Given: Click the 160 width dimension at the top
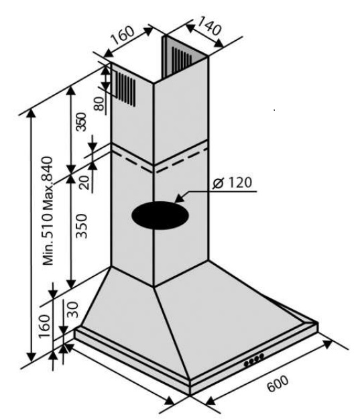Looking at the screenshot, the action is (x=123, y=35).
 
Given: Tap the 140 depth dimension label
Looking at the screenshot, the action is (x=210, y=25).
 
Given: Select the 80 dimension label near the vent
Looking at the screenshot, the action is (x=99, y=104).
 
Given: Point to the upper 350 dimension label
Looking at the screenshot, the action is (x=80, y=122).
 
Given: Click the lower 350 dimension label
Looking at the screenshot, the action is (x=82, y=226).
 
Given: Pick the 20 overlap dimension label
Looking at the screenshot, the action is (x=85, y=182).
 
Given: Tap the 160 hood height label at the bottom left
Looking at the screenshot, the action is (x=44, y=326).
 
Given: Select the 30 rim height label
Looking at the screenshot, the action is (x=72, y=310).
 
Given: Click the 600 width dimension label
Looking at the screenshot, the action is (x=278, y=384).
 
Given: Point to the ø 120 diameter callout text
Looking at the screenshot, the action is (x=232, y=183).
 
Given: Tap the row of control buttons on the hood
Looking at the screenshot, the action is (x=253, y=361).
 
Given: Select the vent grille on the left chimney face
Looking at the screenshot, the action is (x=125, y=88).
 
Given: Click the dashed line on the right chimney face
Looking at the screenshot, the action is (x=181, y=160).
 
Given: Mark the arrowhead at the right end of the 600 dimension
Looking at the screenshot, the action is (x=326, y=344).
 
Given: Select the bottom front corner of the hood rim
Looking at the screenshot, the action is (x=190, y=395).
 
